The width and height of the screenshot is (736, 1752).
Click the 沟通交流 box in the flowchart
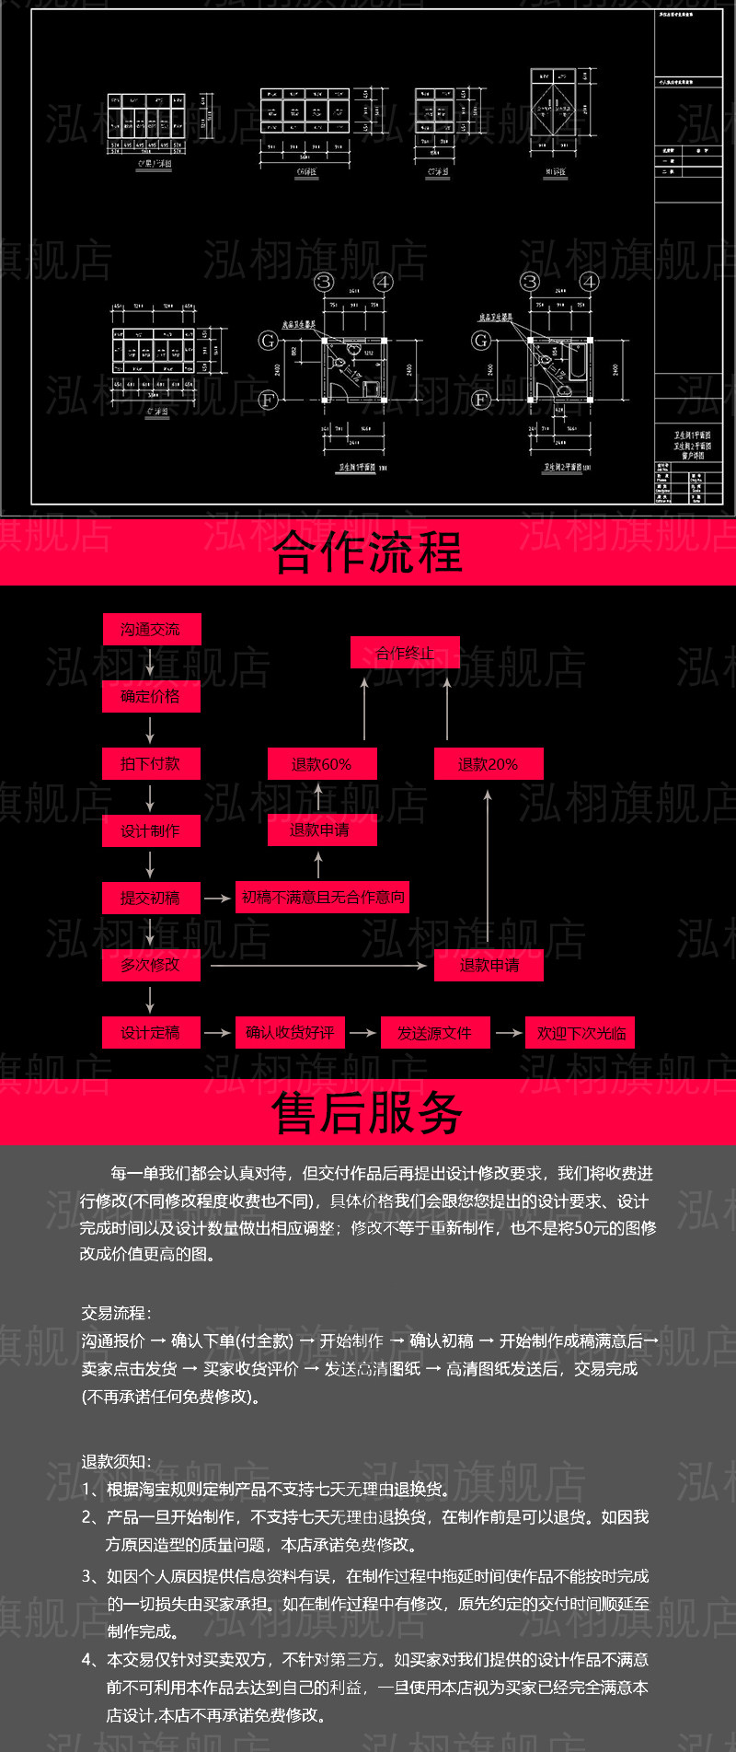coord(151,630)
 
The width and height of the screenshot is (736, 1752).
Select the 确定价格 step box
coord(151,697)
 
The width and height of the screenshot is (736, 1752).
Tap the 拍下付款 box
coord(151,764)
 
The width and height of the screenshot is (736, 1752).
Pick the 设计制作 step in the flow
coord(151,831)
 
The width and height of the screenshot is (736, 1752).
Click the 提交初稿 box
coord(151,898)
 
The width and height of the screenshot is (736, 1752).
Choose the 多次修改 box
coord(151,965)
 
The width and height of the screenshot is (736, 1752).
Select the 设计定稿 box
coord(151,1033)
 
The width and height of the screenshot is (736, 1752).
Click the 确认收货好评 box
coord(290,1033)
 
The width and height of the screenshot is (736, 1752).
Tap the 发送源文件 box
coord(434,1033)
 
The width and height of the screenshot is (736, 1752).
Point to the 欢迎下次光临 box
coord(581,1033)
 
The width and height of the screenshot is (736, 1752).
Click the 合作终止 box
coord(405,654)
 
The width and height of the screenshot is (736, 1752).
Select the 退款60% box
coord(322,764)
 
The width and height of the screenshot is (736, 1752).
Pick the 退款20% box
coord(489,764)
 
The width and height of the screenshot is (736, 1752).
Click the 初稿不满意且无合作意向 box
coord(323,897)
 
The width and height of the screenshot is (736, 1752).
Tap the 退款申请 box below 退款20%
coord(489,965)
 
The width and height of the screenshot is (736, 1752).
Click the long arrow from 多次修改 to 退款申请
coord(318,966)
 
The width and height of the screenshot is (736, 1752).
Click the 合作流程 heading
coord(368,552)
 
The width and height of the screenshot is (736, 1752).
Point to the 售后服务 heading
coord(368,1112)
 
